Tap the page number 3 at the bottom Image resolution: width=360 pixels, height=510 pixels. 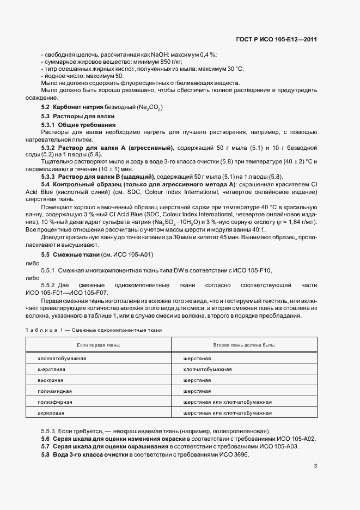(315, 465)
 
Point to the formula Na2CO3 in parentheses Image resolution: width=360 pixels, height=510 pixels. (149, 108)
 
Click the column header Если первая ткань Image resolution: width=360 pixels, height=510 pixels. (98, 345)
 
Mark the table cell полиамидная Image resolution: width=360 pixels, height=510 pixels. (53, 391)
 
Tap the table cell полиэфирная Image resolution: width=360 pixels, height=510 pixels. (53, 402)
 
